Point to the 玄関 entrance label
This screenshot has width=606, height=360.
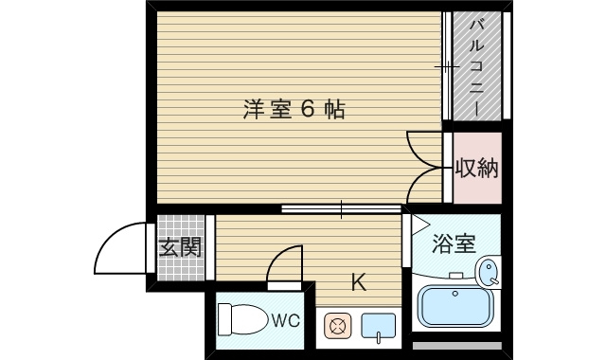(x=179, y=248)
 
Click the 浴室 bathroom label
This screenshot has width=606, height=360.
(x=454, y=244)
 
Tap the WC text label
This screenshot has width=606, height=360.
(x=286, y=320)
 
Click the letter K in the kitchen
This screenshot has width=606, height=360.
(x=359, y=281)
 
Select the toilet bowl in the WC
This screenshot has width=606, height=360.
(x=242, y=319)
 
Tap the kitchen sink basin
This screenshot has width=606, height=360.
(x=378, y=327)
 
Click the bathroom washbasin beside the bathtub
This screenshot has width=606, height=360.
(x=488, y=272)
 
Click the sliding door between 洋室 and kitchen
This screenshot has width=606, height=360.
(x=341, y=207)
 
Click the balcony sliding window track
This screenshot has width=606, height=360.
(x=446, y=66)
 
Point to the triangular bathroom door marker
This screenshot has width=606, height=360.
(x=418, y=225)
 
